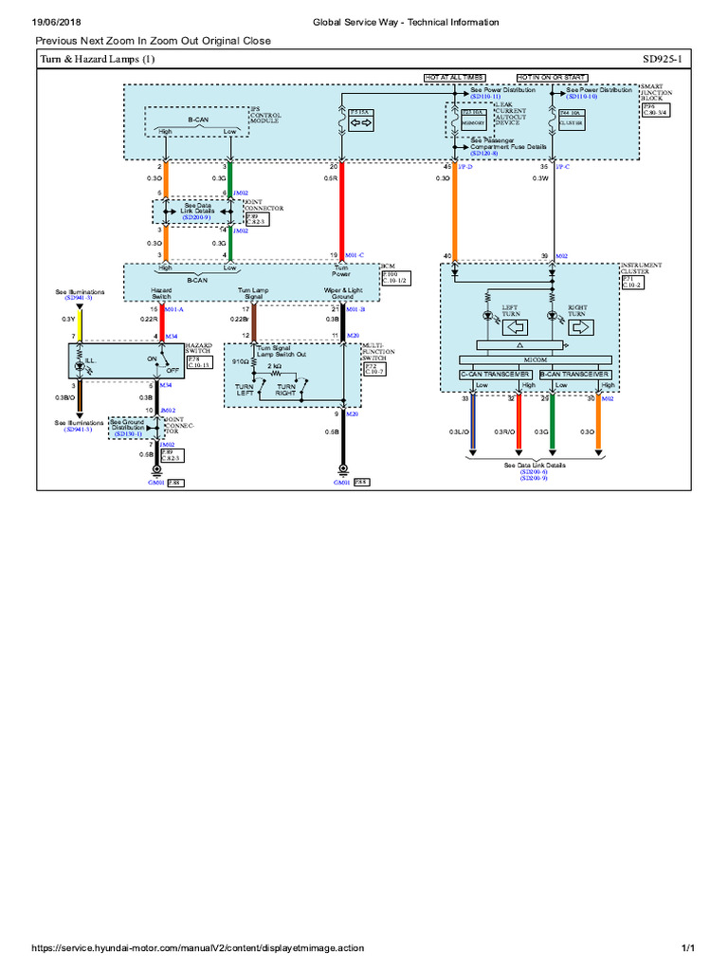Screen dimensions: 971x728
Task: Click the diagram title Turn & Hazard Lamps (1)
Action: [x=96, y=61]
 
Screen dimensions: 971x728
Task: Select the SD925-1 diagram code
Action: [x=667, y=61]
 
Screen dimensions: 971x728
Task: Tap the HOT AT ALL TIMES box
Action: [x=454, y=76]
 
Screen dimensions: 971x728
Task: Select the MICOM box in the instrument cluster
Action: [x=536, y=359]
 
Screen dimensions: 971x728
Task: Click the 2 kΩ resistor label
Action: [x=274, y=364]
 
